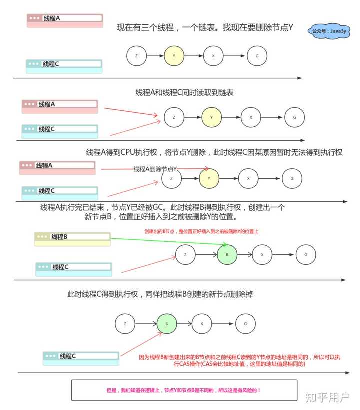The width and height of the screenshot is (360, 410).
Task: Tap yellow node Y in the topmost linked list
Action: click(173, 55)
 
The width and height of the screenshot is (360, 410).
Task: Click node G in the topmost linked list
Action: click(257, 55)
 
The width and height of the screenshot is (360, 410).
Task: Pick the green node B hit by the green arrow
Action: click(227, 255)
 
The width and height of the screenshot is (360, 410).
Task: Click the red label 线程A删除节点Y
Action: click(155, 169)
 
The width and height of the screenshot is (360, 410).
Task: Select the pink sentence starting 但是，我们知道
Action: click(184, 390)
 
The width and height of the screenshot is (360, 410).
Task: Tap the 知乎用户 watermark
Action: click(327, 397)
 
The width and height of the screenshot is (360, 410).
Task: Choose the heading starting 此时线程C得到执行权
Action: click(160, 294)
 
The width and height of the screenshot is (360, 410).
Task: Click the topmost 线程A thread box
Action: click(65, 19)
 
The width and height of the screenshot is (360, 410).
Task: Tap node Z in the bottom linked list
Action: click(124, 324)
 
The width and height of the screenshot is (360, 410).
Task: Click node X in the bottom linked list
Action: click(202, 324)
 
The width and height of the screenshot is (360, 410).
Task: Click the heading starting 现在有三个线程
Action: click(204, 28)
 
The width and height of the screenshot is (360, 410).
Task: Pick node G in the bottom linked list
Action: click(245, 324)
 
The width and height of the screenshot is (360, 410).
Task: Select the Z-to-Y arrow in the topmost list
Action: click(154, 55)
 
